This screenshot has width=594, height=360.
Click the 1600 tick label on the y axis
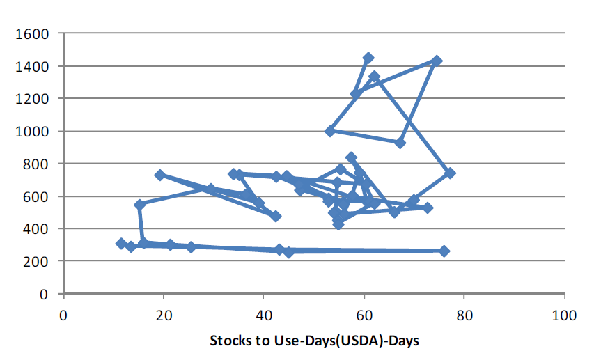33,33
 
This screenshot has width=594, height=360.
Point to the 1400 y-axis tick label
33,66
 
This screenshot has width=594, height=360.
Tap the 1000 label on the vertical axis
33,131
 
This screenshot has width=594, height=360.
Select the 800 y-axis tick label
36,164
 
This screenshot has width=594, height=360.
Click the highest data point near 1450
368,58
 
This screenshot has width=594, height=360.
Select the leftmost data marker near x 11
121,244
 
